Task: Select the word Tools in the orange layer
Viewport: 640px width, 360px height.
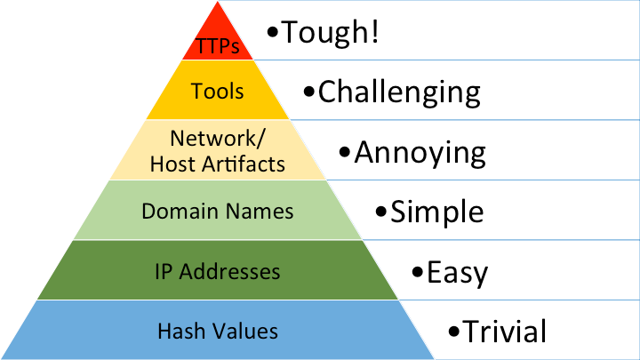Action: coord(218,92)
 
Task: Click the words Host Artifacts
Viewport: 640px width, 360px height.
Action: coord(218,164)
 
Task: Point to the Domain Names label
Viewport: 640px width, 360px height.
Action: coord(218,212)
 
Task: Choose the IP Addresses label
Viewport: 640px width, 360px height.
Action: coord(218,271)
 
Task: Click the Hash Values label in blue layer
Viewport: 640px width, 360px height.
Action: coord(218,332)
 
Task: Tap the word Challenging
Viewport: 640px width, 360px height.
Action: coord(399,92)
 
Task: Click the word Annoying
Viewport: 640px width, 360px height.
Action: coord(420,152)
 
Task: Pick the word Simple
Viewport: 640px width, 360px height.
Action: coord(437,212)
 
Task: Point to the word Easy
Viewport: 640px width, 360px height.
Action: coord(457,271)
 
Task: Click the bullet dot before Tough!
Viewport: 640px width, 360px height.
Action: coord(274,35)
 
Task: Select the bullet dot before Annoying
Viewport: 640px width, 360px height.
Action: coord(345,154)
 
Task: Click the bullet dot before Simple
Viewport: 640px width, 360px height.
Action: coord(381,213)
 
